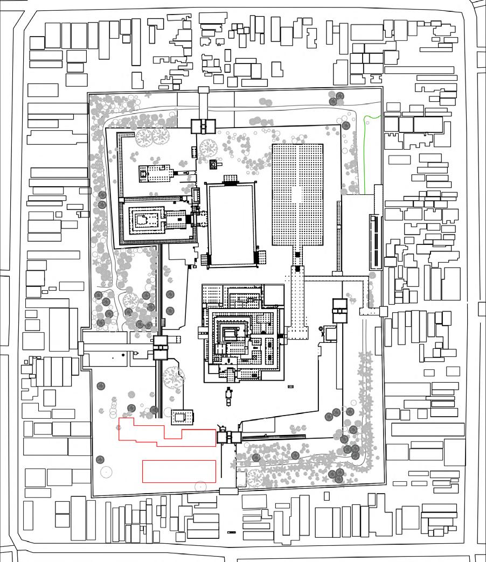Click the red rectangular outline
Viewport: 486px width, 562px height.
point(179,471)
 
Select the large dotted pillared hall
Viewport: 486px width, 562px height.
point(297,194)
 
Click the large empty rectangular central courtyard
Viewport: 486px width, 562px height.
point(231,223)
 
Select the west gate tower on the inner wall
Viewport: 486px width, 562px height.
point(161,347)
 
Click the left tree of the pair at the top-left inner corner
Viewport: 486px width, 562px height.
point(144,137)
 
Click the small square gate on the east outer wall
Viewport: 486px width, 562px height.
point(383,311)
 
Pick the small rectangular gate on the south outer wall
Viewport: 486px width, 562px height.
point(228,490)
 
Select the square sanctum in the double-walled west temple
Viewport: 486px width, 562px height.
point(143,220)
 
